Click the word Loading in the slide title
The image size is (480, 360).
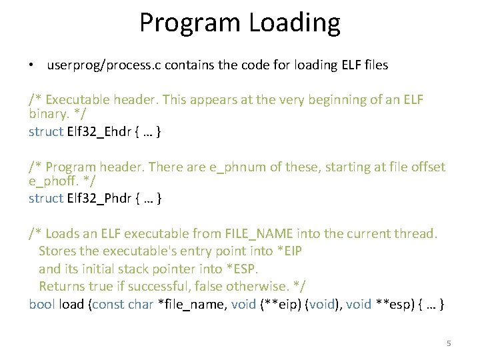tap(295, 23)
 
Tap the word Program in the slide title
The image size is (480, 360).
tap(190, 23)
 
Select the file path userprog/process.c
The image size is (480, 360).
tap(104, 65)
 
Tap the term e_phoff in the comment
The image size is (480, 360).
tap(51, 182)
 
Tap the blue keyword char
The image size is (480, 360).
tap(141, 305)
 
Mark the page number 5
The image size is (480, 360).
tap(449, 343)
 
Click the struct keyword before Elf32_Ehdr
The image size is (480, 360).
tap(46, 131)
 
